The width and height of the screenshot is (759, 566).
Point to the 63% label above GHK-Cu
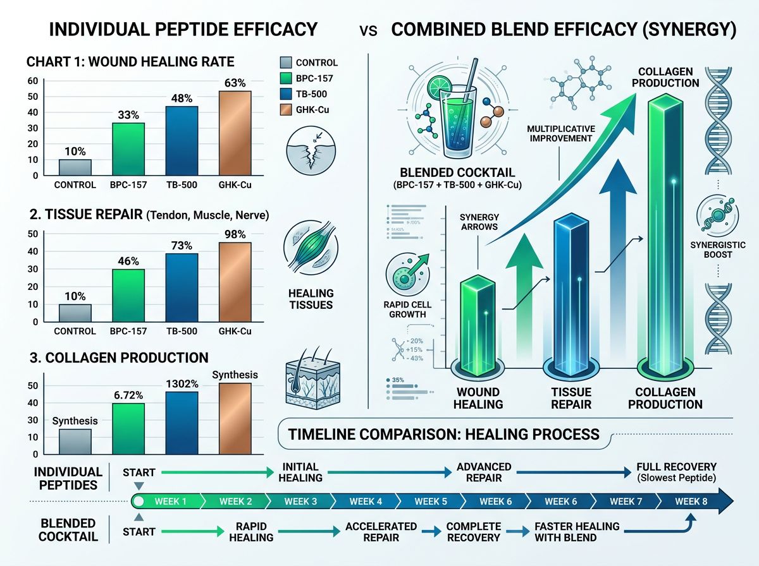point(233,83)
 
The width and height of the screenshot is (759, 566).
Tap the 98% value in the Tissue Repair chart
point(233,234)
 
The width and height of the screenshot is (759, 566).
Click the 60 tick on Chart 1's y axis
point(32,81)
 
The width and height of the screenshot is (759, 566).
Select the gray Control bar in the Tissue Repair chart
point(75,313)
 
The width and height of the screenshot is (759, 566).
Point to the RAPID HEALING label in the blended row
point(252,532)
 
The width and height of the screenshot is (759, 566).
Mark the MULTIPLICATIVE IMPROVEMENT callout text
point(560,133)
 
